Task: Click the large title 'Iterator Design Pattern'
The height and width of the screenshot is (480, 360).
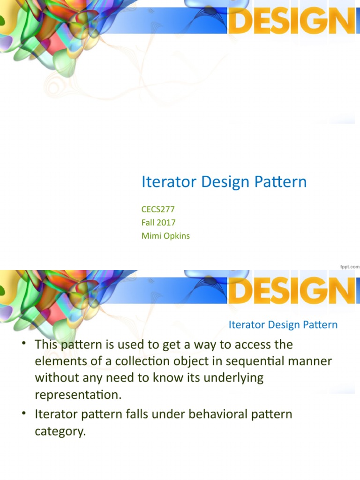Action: tap(224, 182)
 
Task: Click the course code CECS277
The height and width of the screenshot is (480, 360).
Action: tap(158, 209)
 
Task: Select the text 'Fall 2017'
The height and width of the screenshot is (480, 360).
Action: tap(158, 222)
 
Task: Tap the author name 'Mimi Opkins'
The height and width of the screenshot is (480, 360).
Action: tap(165, 236)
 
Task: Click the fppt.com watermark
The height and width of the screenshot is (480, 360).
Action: tap(350, 266)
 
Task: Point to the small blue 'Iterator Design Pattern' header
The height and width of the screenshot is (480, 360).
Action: tap(283, 325)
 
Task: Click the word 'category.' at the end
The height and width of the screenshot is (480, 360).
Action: tap(60, 431)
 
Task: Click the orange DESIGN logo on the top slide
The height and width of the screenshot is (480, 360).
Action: tap(293, 22)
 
